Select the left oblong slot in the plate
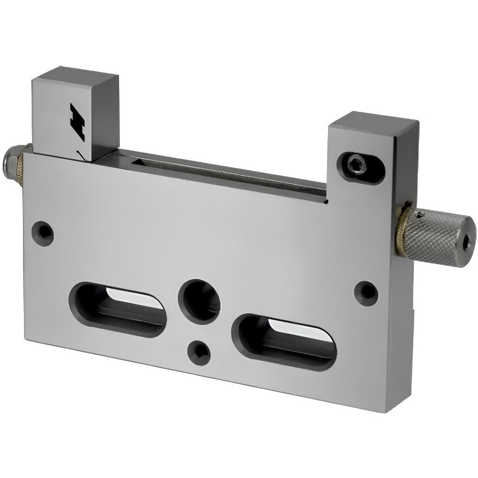click(x=118, y=309)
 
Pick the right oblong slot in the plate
click(x=284, y=342)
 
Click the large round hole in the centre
click(x=199, y=302)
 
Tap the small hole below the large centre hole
click(x=199, y=353)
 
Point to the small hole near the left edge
click(x=43, y=233)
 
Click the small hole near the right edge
click(x=367, y=293)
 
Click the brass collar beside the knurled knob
click(x=401, y=228)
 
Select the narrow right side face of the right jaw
click(x=406, y=163)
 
